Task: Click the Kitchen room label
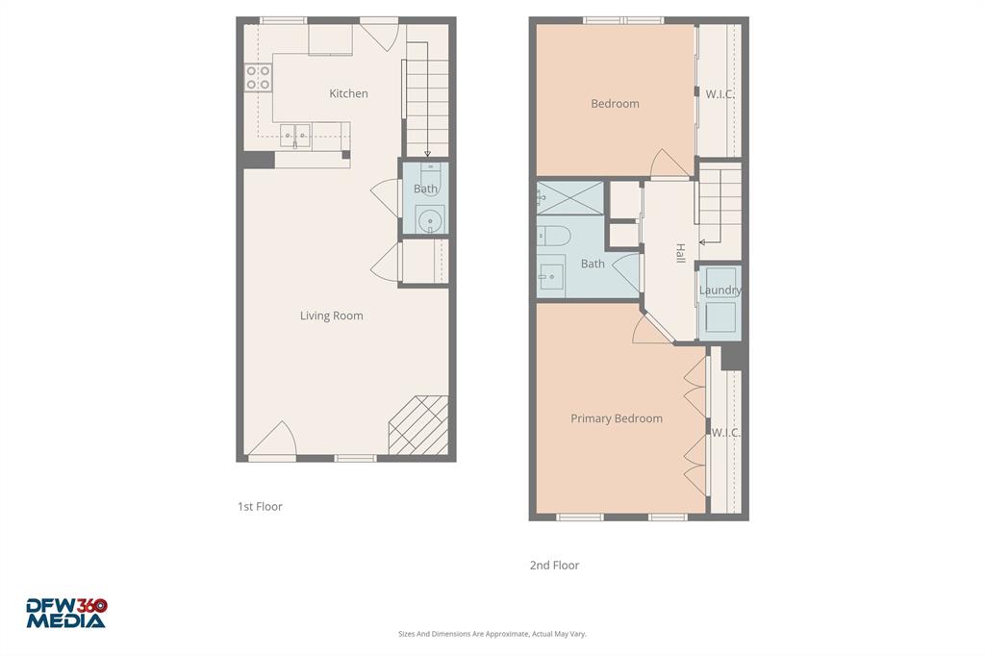click(x=348, y=93)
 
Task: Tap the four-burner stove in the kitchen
click(x=258, y=78)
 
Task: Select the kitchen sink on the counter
click(x=295, y=136)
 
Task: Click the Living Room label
click(x=331, y=315)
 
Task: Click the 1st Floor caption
click(x=260, y=506)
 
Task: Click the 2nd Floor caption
click(x=554, y=566)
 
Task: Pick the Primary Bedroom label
click(x=616, y=418)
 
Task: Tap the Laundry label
click(x=720, y=290)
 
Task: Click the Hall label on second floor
click(x=680, y=254)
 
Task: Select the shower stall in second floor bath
click(x=570, y=197)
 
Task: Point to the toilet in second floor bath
click(x=555, y=235)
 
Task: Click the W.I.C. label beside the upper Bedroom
click(x=720, y=94)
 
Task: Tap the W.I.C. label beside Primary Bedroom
click(x=725, y=433)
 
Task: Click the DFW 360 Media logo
click(x=66, y=614)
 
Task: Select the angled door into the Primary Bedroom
click(x=653, y=328)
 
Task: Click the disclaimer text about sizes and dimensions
click(x=492, y=634)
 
